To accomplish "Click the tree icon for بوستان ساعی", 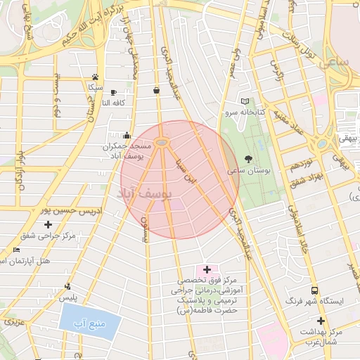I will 247,160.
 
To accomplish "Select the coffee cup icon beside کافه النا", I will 113,92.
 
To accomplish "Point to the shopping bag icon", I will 155,90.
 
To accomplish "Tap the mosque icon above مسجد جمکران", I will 127,135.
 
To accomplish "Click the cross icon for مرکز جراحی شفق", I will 48,224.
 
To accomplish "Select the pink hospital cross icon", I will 207,269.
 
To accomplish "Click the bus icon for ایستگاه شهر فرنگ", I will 314,290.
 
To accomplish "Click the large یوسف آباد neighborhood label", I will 146,197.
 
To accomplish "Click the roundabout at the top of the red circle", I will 162,143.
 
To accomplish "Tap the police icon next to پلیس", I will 67,286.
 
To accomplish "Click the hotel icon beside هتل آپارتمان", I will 17,250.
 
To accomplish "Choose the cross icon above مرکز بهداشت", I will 321,321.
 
